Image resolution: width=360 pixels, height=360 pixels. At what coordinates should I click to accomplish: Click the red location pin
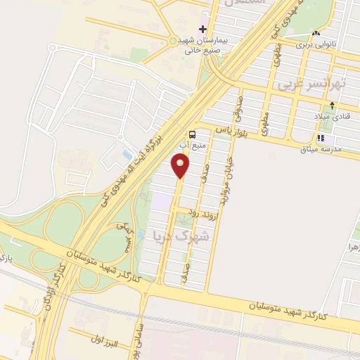tap(181, 165)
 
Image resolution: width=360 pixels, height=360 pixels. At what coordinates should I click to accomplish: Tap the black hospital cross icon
tap(203, 30)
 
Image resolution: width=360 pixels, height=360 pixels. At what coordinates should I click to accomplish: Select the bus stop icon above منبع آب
tap(192, 134)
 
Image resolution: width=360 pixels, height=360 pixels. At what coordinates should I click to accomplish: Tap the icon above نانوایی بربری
tap(316, 33)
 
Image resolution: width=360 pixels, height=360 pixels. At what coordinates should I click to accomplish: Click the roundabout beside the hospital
tap(173, 41)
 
